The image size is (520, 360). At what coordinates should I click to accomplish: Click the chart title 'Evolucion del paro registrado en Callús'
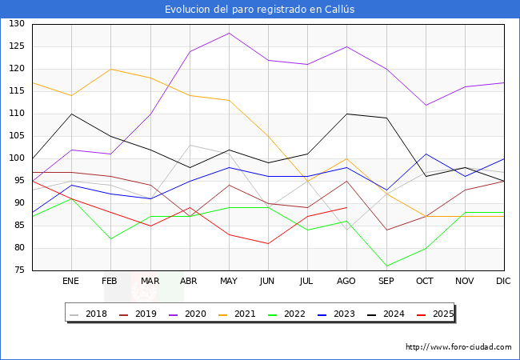tap(260, 9)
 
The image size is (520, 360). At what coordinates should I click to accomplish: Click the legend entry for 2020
tap(191, 314)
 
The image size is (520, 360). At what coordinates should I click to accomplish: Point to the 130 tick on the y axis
tap(16, 24)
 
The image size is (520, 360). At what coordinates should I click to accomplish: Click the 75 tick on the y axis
tap(18, 270)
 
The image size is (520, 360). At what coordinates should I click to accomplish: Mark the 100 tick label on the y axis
tap(16, 158)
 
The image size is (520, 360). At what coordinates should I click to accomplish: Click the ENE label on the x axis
tap(71, 282)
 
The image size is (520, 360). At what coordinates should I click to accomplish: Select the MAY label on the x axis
tap(229, 282)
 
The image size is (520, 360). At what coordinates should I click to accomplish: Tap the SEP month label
tap(386, 282)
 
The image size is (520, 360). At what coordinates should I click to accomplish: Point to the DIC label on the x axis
tap(504, 282)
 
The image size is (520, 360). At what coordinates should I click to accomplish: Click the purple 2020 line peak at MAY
tap(229, 33)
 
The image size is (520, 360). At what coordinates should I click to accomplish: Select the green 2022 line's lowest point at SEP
tap(386, 266)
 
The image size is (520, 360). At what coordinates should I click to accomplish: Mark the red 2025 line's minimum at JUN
tap(268, 243)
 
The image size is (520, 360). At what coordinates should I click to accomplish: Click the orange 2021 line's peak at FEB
tap(110, 69)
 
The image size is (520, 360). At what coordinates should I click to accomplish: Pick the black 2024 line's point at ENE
tap(71, 114)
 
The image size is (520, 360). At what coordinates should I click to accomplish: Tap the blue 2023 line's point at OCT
tap(426, 154)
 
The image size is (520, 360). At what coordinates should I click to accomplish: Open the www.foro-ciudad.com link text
tap(458, 347)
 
